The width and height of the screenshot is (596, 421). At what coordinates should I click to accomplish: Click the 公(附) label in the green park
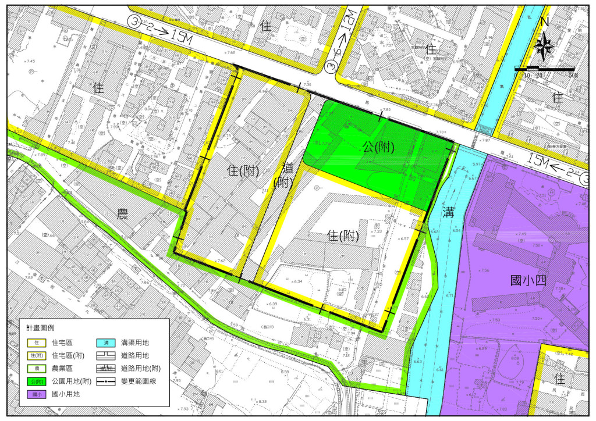tap(378, 148)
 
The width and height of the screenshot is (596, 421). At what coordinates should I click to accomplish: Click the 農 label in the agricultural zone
tap(123, 215)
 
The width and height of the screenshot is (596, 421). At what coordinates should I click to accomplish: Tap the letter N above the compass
tap(544, 22)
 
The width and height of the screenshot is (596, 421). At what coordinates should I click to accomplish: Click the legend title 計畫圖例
tap(40, 329)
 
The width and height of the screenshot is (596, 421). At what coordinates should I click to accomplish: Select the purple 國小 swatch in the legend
tap(36, 394)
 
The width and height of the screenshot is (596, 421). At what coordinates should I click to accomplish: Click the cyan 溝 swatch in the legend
tap(106, 342)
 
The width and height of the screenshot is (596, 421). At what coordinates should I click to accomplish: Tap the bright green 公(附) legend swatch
tap(36, 381)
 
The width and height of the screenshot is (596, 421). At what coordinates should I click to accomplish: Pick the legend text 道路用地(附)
tap(141, 368)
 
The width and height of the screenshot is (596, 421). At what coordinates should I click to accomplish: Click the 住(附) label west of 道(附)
tap(240, 170)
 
